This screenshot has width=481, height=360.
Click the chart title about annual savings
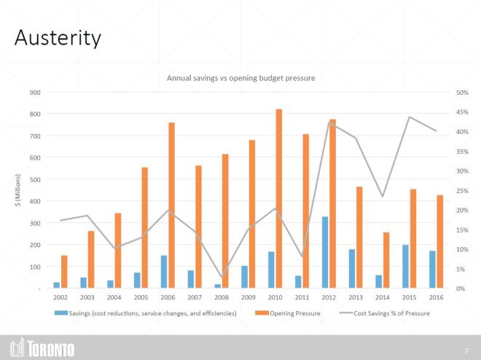[x=240, y=77]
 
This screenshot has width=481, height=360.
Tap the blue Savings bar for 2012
[x=324, y=252]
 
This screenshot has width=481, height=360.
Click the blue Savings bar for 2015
[x=405, y=266]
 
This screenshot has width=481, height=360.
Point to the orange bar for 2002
[x=64, y=271]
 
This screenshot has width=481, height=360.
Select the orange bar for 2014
[x=386, y=259]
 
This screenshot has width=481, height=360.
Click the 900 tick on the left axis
[x=34, y=93]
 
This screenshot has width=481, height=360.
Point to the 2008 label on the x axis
[x=222, y=297]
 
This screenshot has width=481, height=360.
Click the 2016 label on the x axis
[x=437, y=297]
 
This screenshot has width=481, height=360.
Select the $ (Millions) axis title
[x=17, y=190]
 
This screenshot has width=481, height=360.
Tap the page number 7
[x=466, y=350]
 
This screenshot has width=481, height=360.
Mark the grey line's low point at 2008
[x=222, y=277]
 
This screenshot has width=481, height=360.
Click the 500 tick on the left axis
[x=34, y=179]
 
